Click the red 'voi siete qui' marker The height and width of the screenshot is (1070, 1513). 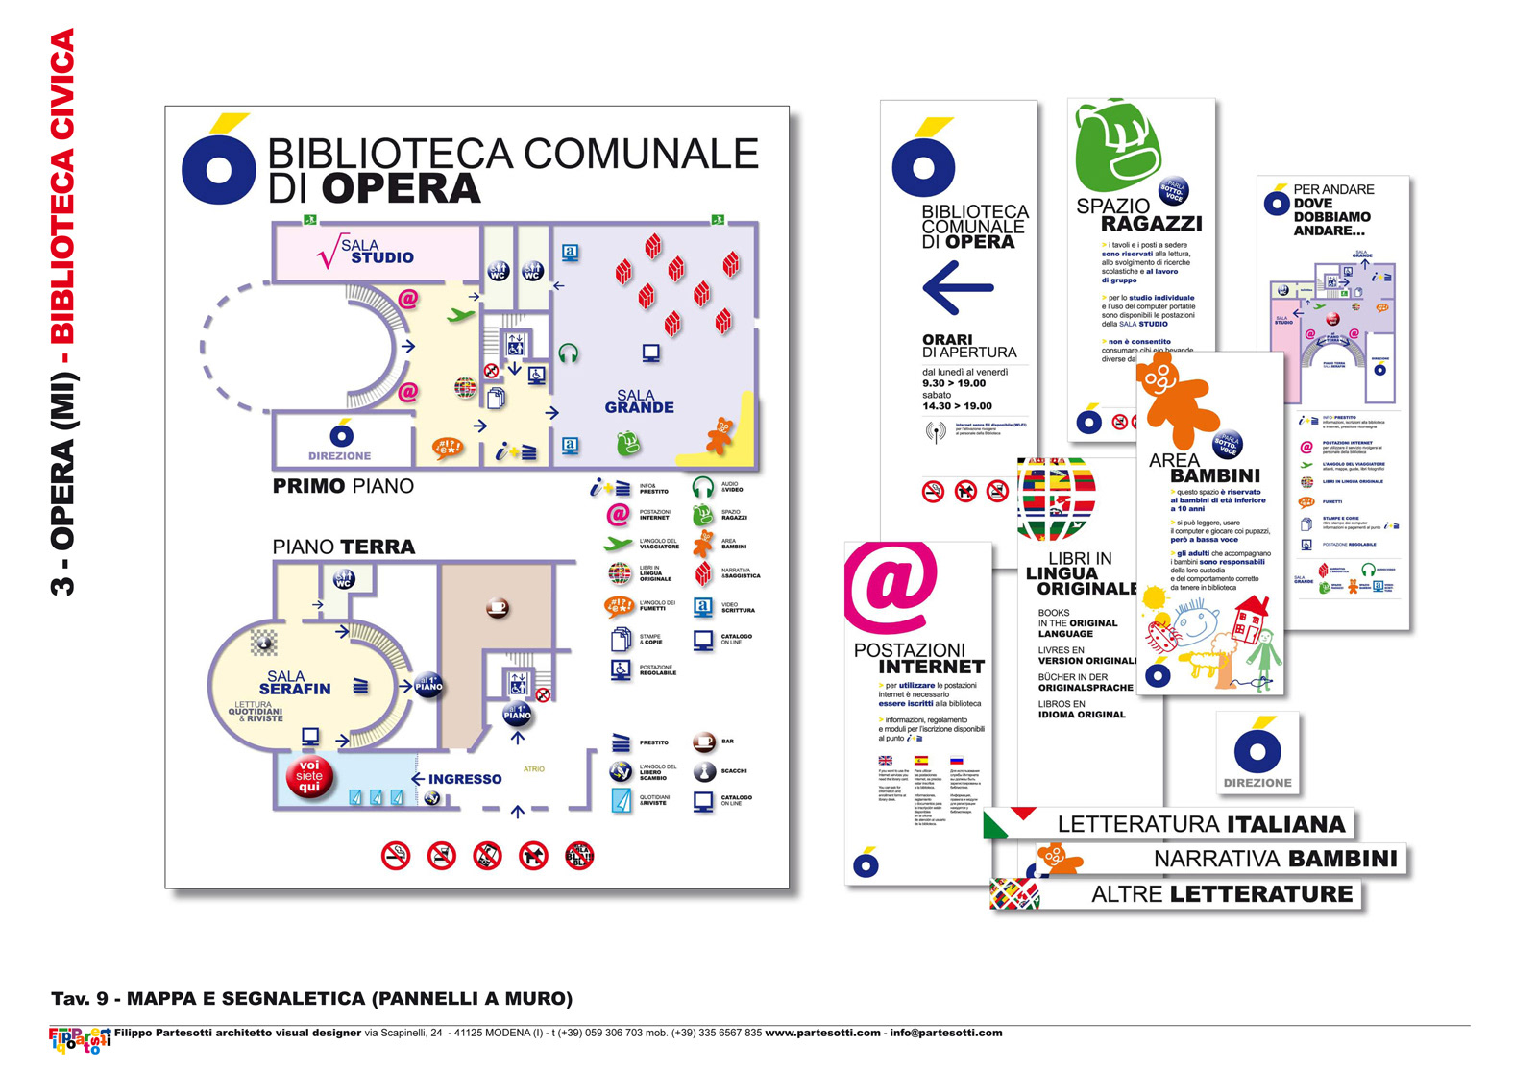click(x=309, y=776)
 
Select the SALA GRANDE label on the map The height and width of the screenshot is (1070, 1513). click(x=639, y=401)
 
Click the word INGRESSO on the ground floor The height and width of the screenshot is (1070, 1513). click(x=464, y=779)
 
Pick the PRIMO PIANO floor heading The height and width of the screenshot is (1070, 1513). click(x=343, y=486)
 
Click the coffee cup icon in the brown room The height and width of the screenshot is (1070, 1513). click(x=497, y=607)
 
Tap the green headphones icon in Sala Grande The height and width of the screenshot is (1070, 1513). click(x=568, y=353)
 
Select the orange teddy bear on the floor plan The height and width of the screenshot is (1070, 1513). click(x=720, y=434)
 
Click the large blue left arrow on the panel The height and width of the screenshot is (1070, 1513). click(x=957, y=287)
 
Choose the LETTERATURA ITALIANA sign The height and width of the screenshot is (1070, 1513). click(x=1201, y=824)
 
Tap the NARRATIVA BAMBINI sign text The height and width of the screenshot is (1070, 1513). click(x=1275, y=859)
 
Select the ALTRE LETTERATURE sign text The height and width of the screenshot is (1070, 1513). click(x=1222, y=894)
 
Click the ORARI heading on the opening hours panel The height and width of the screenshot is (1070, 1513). click(x=947, y=339)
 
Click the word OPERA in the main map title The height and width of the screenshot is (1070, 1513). click(x=401, y=189)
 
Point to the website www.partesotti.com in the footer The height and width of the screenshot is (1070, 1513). click(x=822, y=1033)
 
